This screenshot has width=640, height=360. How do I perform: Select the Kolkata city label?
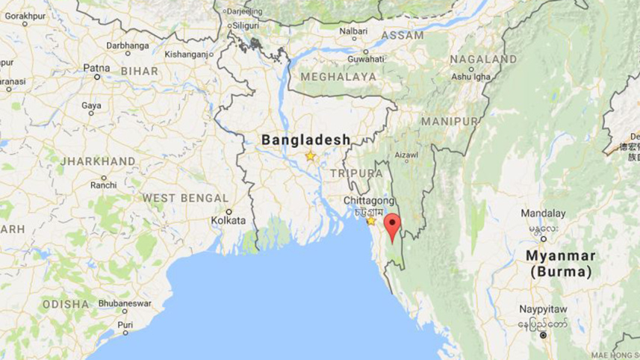point(228,220)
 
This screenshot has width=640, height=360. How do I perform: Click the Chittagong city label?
point(368,201)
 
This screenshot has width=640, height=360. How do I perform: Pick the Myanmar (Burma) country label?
point(562,264)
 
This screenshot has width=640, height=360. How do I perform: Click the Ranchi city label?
point(103,185)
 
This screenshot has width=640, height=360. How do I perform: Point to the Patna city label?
point(96,67)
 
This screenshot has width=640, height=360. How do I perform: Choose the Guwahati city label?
point(366,58)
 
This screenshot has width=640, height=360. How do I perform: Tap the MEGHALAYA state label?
point(338,77)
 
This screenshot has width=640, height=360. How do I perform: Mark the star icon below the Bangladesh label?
point(310,156)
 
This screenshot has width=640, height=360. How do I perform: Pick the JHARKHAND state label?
point(98,161)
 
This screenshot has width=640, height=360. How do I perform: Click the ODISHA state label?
point(66,305)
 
